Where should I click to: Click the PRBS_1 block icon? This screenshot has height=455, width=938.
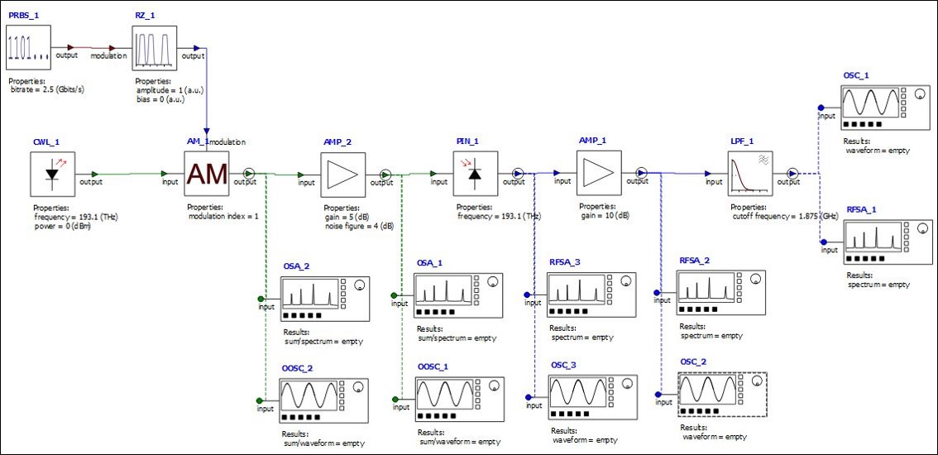click(x=28, y=47)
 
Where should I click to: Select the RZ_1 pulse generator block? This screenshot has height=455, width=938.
click(x=155, y=47)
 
